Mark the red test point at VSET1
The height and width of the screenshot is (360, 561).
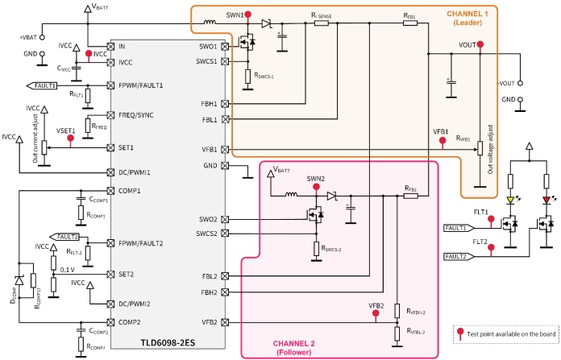tap(70, 139)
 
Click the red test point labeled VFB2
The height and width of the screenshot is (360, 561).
tap(376, 314)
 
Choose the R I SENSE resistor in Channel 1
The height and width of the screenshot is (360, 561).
tap(321, 23)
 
